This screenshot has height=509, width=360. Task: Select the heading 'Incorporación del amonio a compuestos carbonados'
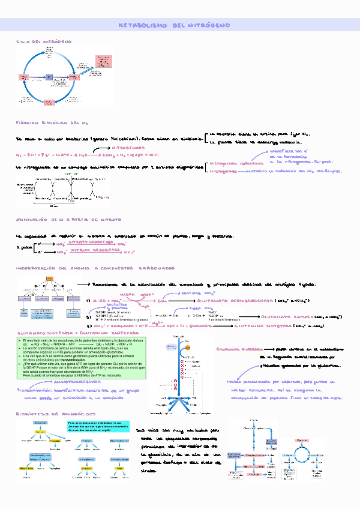pyautogui.click(x=97, y=268)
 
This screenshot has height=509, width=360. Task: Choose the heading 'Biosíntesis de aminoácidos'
pyautogui.click(x=55, y=414)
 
